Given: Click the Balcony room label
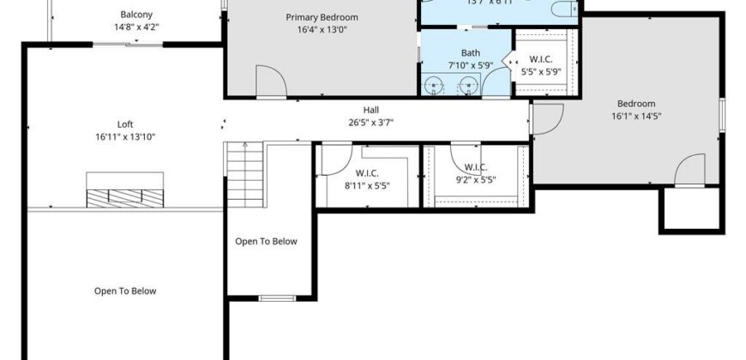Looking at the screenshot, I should [x=137, y=15].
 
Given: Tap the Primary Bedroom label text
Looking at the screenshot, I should [x=322, y=17].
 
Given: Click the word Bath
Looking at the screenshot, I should [x=459, y=53].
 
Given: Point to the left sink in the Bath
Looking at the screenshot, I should [x=436, y=85].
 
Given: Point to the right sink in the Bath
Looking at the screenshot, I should [x=468, y=85].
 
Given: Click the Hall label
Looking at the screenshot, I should [x=371, y=110].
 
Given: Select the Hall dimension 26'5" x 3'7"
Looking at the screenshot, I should [x=371, y=123].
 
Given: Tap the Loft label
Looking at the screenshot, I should [x=125, y=124].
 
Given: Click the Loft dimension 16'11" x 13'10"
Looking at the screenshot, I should [x=125, y=137].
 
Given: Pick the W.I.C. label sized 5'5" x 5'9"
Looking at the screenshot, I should [x=540, y=59].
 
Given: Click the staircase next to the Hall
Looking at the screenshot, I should [x=244, y=176].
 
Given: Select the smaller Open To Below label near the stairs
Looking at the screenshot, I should [x=266, y=241].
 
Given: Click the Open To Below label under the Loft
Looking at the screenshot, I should [x=125, y=291].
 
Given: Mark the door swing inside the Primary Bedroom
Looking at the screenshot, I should [x=271, y=81].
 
